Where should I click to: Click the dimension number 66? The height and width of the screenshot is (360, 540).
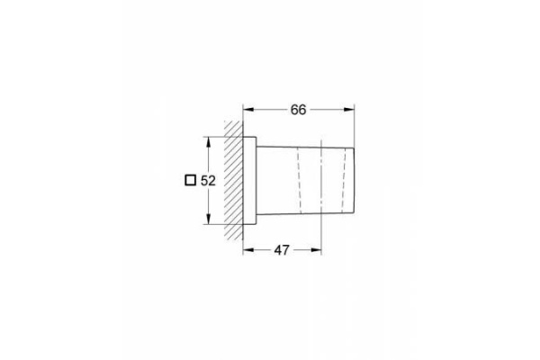298,110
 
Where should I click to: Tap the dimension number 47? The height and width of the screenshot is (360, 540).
282,250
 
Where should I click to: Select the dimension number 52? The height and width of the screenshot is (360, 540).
208,181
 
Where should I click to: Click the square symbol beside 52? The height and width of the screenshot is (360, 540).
191,181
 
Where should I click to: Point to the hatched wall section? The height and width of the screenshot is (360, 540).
233,180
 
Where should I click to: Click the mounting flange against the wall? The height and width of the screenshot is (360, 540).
249,181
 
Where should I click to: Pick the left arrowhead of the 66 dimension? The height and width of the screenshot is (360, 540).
248,110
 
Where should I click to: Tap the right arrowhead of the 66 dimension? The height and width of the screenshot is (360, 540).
349,110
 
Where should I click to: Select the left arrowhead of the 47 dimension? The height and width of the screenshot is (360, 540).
248,250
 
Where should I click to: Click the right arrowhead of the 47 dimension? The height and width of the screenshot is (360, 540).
316,250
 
